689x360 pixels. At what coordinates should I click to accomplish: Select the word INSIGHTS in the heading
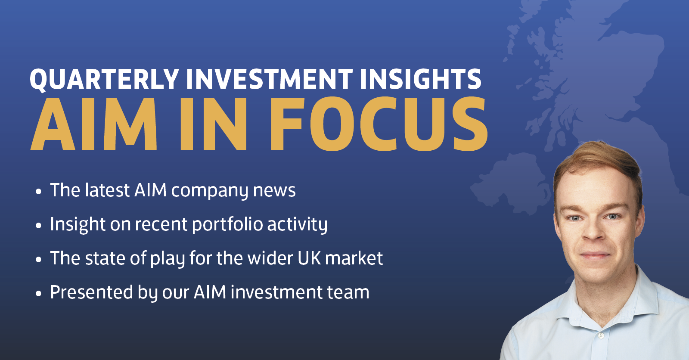tap(420, 79)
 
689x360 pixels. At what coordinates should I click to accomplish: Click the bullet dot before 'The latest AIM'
tap(39, 191)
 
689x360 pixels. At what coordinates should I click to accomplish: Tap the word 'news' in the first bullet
tap(274, 190)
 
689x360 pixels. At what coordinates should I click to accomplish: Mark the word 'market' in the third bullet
tap(354, 258)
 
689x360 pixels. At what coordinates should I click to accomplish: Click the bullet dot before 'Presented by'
tap(39, 294)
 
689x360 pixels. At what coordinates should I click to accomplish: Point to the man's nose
tap(594, 233)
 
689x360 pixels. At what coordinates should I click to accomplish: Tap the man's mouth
tap(596, 255)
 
